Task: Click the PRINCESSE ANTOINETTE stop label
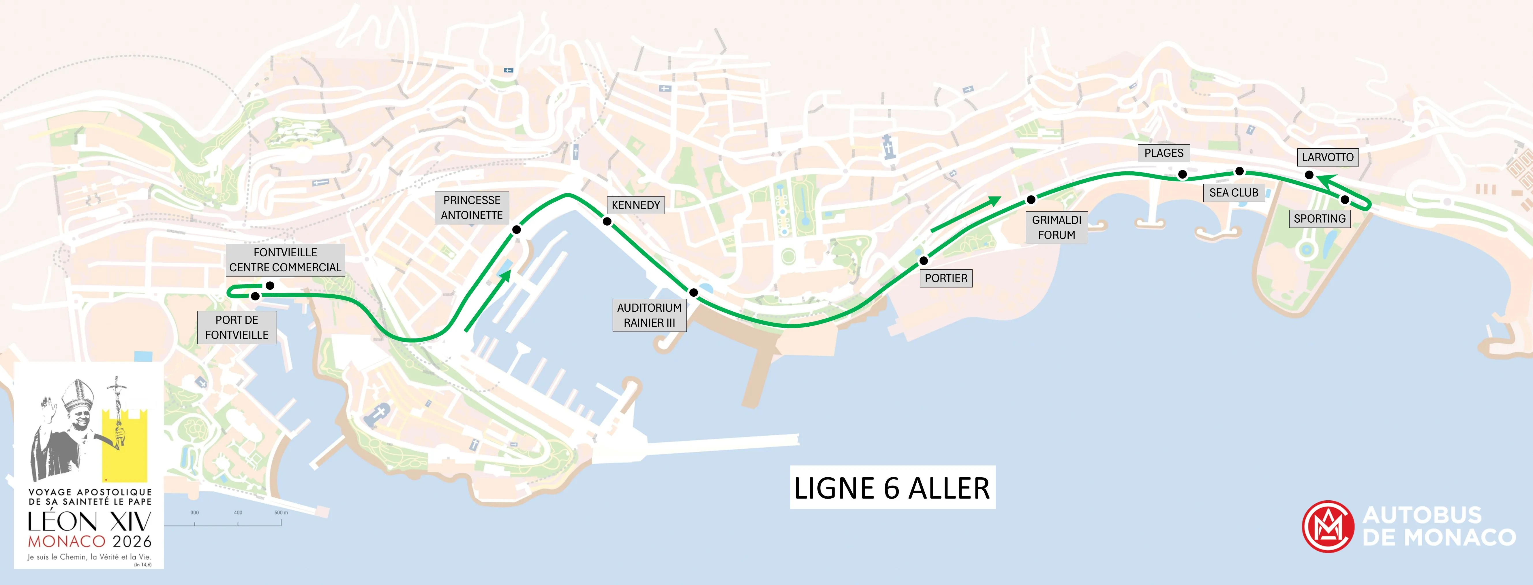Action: click(x=472, y=207)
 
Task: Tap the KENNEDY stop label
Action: click(x=636, y=205)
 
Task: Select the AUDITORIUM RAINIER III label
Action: click(x=649, y=315)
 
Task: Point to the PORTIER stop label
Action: click(x=946, y=278)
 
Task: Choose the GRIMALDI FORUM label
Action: click(x=1056, y=227)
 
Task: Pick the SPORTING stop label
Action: click(x=1319, y=219)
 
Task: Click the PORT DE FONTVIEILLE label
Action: click(x=237, y=327)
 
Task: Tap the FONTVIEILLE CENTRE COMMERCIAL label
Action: click(x=285, y=260)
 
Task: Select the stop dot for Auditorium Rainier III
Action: click(x=693, y=293)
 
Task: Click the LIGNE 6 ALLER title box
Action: click(x=892, y=487)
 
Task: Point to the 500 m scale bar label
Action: click(x=281, y=512)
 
